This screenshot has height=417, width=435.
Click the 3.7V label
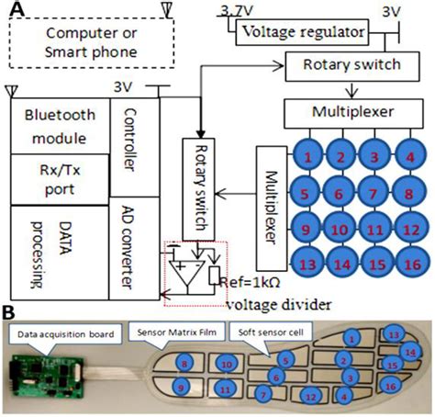233,10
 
